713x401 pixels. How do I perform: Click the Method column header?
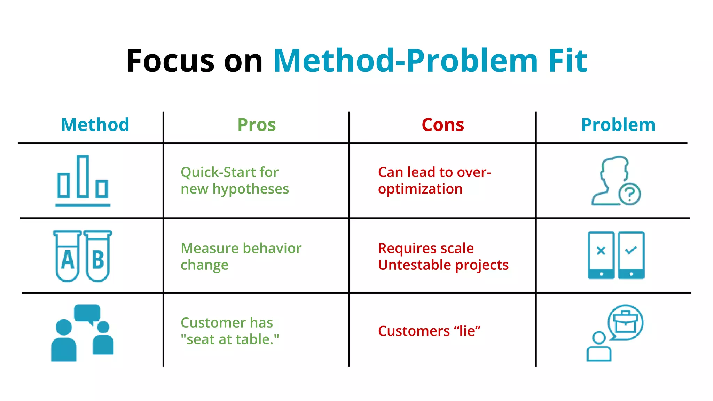point(95,125)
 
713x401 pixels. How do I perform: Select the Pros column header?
point(257,125)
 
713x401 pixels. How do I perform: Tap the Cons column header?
point(442,125)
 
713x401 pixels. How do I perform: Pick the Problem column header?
point(618,125)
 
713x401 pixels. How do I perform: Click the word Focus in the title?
point(170,61)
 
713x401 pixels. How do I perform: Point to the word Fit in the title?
point(567,61)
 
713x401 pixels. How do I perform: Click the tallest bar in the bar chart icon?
point(83,176)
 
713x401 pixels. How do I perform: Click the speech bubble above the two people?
point(87,313)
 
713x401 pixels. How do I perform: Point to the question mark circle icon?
point(629,194)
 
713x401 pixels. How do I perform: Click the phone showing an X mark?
point(601,255)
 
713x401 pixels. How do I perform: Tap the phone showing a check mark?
point(631,255)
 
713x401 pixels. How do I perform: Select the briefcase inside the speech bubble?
point(625,322)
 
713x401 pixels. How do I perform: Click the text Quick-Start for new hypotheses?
point(234,181)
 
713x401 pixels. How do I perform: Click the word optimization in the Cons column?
point(420,189)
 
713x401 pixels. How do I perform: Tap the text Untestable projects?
point(443,265)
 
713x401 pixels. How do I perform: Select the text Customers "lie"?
point(429,331)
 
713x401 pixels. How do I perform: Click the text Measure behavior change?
point(241,257)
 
